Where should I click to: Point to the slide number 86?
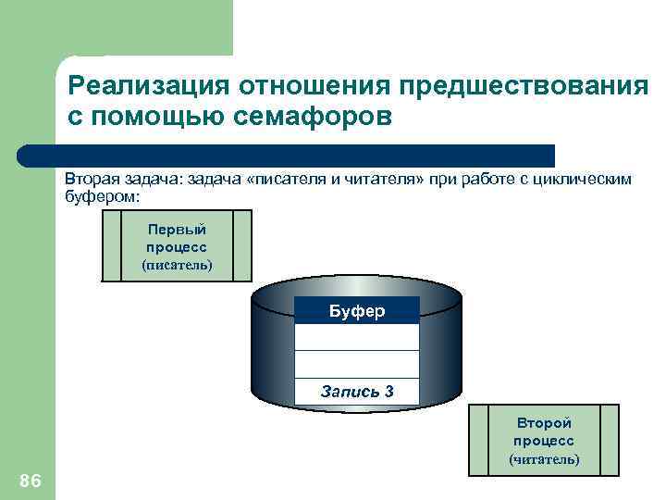(x=30, y=479)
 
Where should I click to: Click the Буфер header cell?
(x=356, y=310)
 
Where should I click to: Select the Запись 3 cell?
(x=356, y=392)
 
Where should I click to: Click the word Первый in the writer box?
(x=176, y=230)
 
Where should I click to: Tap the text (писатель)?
(x=176, y=265)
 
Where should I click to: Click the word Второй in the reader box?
(x=544, y=423)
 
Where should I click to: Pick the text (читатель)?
(x=544, y=458)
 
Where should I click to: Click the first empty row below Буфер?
(x=356, y=337)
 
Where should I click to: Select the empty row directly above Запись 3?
(x=356, y=364)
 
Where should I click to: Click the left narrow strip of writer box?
(x=111, y=245)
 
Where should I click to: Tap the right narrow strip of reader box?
(x=609, y=440)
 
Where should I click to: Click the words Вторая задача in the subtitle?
(x=122, y=179)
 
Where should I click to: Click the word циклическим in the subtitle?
(x=581, y=179)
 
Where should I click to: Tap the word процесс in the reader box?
(x=544, y=441)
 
